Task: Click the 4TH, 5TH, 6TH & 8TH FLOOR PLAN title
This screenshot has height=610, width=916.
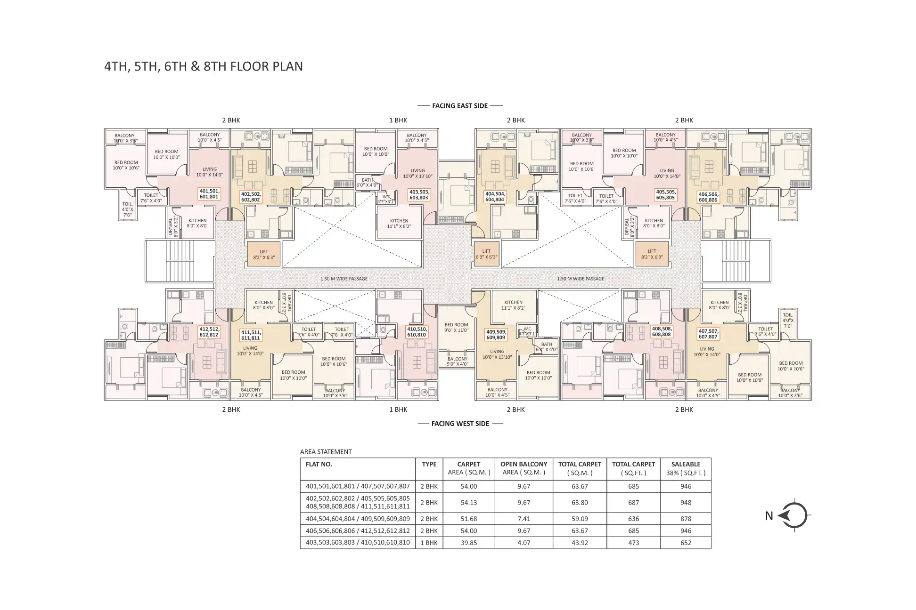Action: (x=203, y=66)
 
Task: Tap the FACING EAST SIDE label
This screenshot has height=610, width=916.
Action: (x=459, y=106)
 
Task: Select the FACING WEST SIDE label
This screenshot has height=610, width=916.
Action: (x=460, y=424)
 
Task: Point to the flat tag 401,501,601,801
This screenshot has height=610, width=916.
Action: (x=209, y=194)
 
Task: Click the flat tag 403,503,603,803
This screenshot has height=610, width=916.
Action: (x=418, y=195)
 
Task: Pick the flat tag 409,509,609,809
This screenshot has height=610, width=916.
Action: (x=496, y=335)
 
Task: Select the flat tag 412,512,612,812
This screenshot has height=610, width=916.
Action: (x=209, y=332)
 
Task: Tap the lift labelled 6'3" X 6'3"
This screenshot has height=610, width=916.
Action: (x=486, y=254)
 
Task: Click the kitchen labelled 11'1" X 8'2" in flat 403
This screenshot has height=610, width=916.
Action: (x=399, y=224)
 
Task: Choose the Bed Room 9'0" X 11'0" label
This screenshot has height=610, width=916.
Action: (x=456, y=328)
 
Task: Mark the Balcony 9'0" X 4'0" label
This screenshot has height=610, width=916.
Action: (x=457, y=361)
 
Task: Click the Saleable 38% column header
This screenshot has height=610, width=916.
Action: (x=686, y=468)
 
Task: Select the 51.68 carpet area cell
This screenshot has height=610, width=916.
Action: (x=468, y=519)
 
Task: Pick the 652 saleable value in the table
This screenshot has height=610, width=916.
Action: (x=686, y=543)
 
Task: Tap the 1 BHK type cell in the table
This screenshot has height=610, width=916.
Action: (x=429, y=543)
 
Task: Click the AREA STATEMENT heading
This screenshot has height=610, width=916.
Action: (x=326, y=452)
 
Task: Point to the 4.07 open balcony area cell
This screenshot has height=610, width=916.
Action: (x=523, y=543)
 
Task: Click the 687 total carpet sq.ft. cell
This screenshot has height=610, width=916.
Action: (x=633, y=503)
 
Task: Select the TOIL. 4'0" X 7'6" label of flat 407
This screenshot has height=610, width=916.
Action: (x=788, y=321)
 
